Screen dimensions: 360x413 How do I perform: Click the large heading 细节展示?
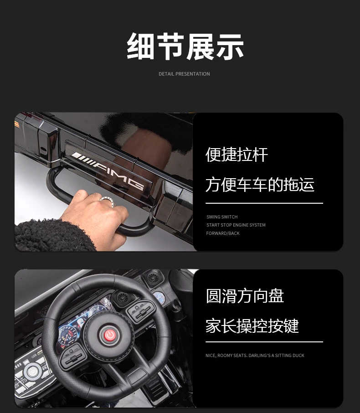(x=185, y=46)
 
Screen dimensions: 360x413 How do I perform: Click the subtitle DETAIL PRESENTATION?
(x=184, y=74)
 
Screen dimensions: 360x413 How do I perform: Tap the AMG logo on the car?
(x=108, y=170)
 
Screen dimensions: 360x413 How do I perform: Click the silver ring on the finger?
(x=108, y=201)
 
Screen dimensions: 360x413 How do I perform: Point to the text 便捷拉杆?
(x=237, y=155)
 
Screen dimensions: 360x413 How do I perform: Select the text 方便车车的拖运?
(x=260, y=184)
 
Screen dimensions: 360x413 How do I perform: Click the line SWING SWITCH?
(x=222, y=217)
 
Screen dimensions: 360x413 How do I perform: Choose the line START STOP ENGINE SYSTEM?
(x=236, y=225)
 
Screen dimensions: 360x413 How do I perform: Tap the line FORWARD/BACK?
(x=223, y=233)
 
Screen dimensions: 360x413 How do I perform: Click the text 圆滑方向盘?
(x=245, y=296)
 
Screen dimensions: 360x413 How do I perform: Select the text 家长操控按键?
(x=252, y=326)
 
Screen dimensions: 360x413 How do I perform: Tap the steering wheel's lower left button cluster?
(x=73, y=356)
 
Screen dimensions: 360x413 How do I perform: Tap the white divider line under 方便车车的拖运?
(x=264, y=203)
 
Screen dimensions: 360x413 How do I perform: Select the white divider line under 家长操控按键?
(x=264, y=342)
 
